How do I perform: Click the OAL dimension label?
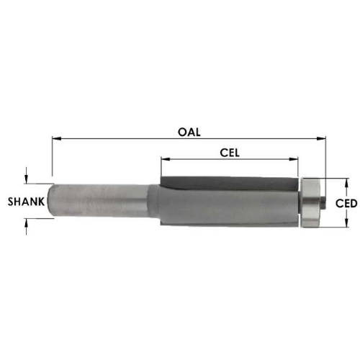coord(189,132)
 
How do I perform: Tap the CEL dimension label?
coord(230,153)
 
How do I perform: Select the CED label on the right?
coord(346,204)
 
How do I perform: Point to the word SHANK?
coord(26,202)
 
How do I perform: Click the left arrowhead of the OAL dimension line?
coord(57,138)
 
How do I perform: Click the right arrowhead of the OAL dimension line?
coord(321,138)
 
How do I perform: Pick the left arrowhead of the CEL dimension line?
coord(166,159)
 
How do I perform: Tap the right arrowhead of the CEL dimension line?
coord(294,159)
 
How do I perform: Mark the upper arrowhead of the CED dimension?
coord(346,183)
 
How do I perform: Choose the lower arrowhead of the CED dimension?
coord(346,222)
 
